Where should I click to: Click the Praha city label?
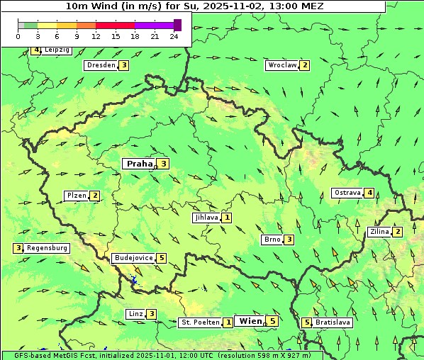[x=139, y=164]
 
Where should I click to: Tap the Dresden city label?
[x=100, y=65]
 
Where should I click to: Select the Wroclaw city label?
[x=281, y=65]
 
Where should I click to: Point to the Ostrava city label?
[x=347, y=193]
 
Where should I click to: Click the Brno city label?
[x=272, y=240]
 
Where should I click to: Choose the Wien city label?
[x=250, y=321]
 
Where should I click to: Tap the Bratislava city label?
[x=333, y=322]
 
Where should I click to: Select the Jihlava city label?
[x=206, y=218]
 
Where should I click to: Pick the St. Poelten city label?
[x=199, y=322]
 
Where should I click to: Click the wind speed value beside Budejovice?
[x=162, y=258]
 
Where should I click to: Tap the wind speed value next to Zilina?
[x=398, y=232]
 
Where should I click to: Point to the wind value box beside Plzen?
[x=95, y=196]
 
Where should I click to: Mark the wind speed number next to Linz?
[x=152, y=314]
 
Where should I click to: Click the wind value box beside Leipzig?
[x=35, y=50]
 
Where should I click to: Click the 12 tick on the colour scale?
[x=96, y=36]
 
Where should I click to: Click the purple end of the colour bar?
[x=177, y=25]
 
